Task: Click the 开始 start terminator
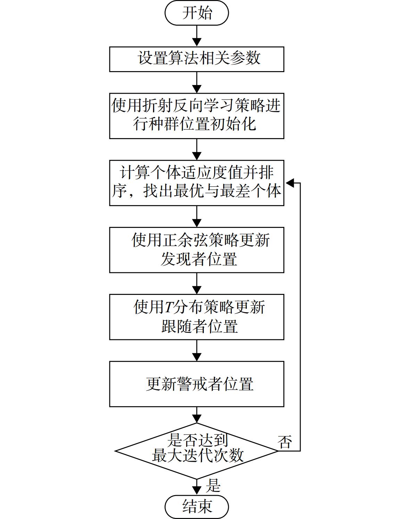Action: (197, 13)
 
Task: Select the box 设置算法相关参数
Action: (197, 59)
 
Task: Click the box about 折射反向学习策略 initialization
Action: (197, 116)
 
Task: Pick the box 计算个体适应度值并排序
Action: (197, 183)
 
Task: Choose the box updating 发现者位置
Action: (197, 250)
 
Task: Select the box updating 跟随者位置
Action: (197, 317)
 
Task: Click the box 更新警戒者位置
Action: (197, 384)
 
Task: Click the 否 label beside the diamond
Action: (285, 442)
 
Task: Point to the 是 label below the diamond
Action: (213, 485)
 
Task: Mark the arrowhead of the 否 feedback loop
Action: (289, 183)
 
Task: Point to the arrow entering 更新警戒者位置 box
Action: (197, 351)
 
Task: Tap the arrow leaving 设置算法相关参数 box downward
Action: (197, 83)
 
